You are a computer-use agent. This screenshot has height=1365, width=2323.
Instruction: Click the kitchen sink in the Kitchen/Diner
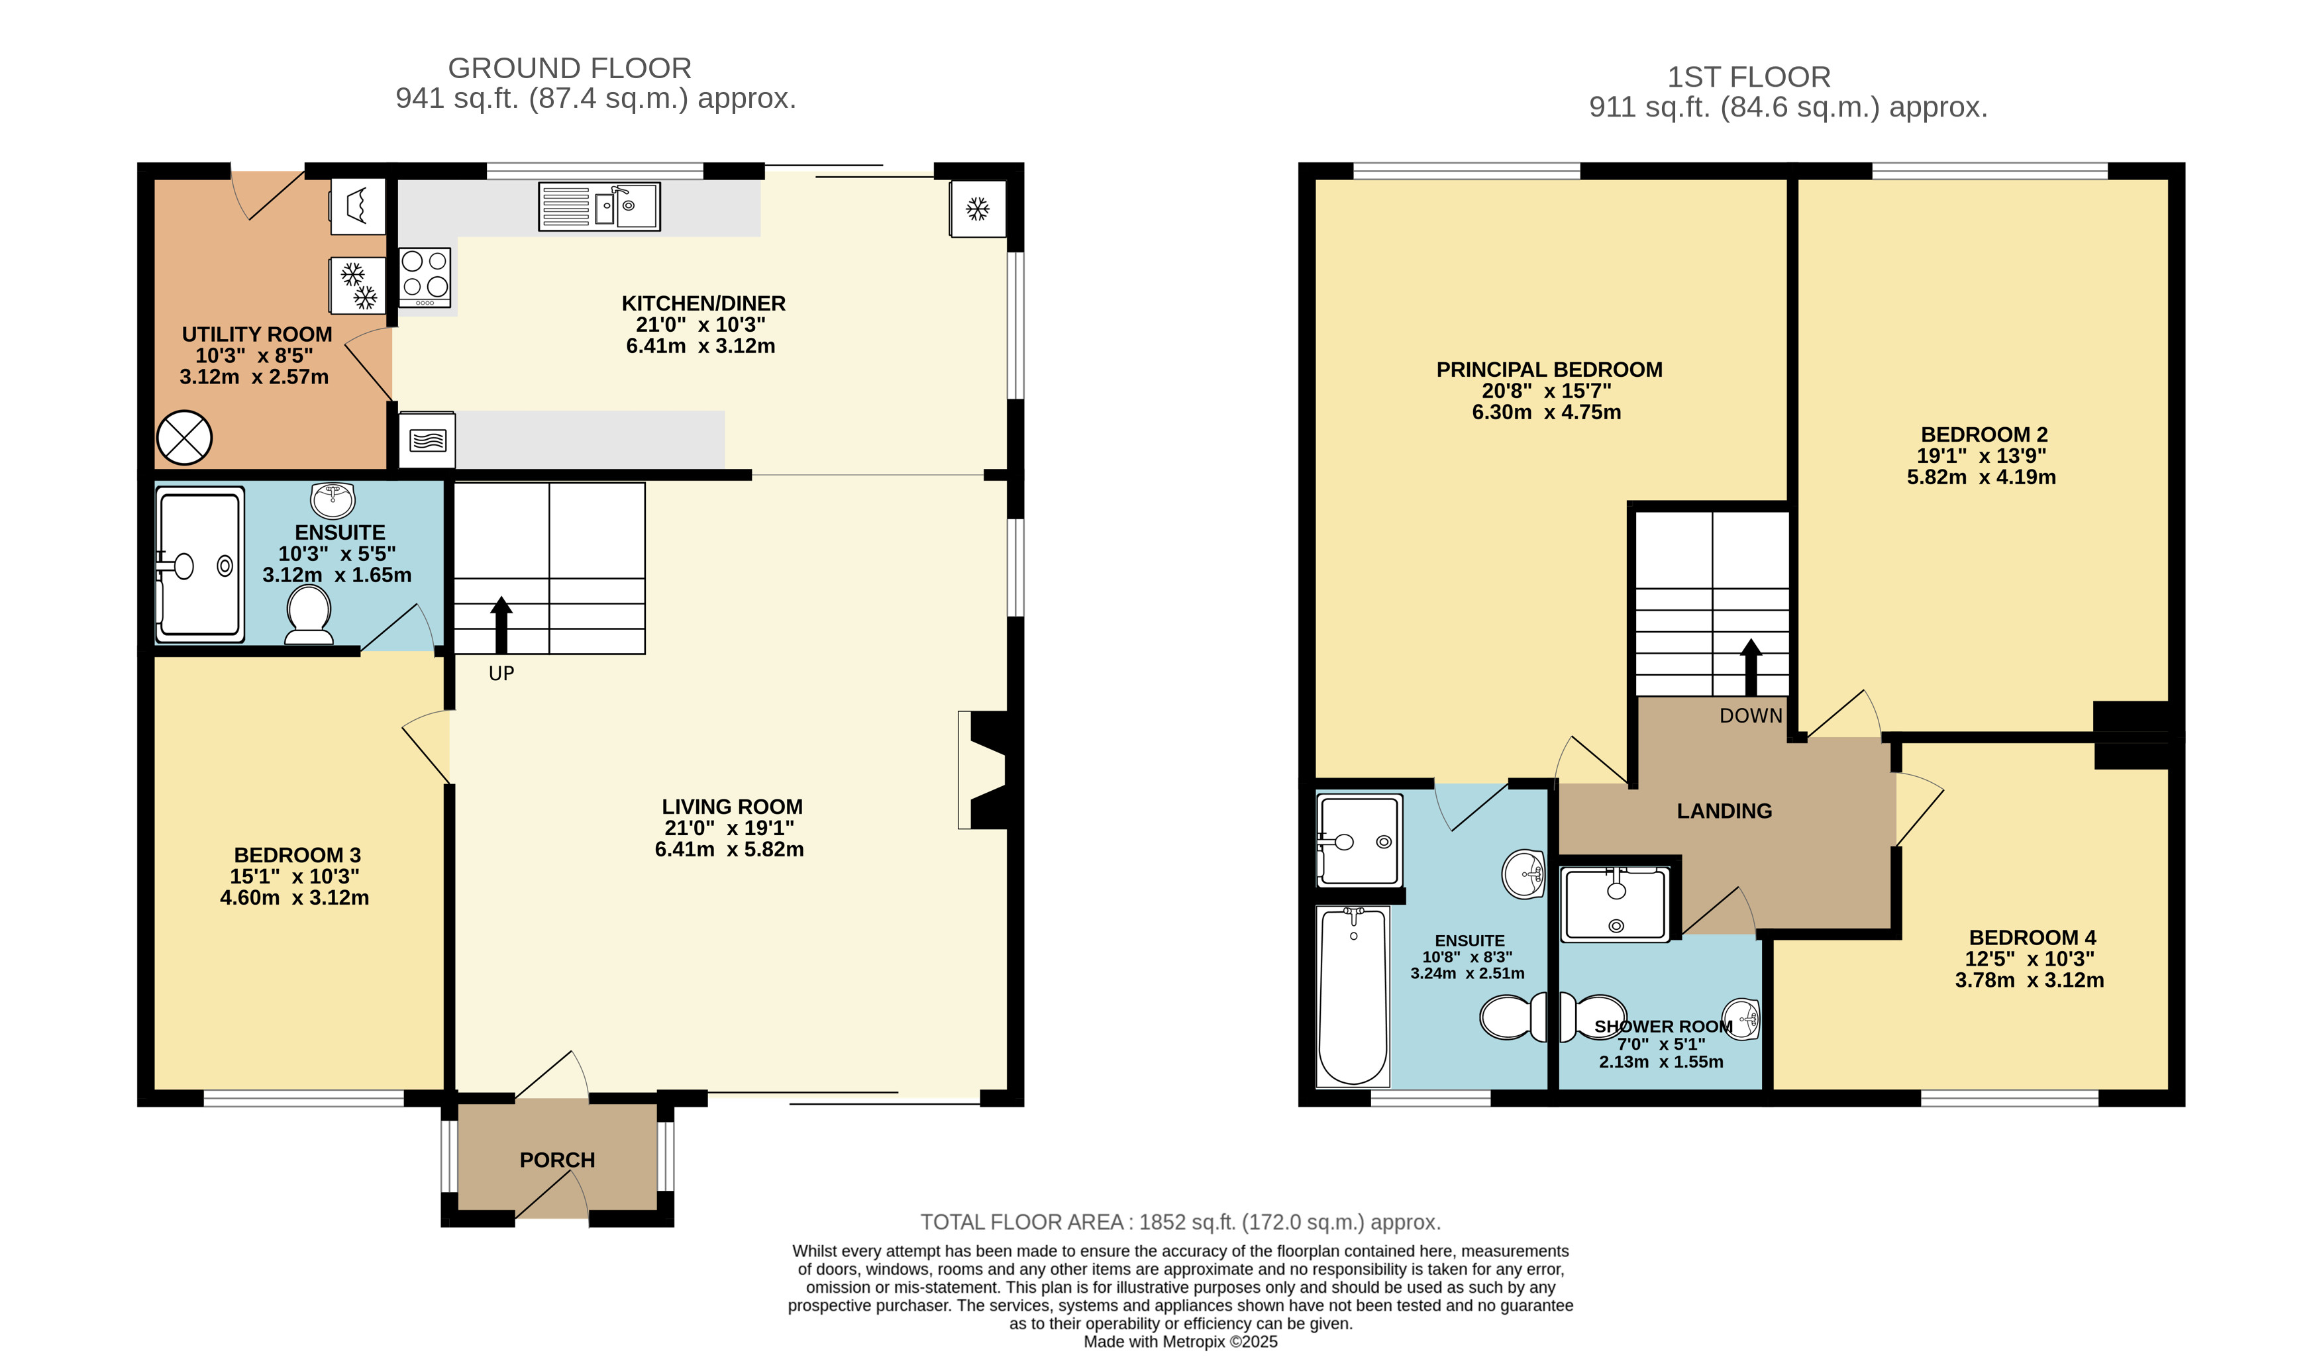point(599,207)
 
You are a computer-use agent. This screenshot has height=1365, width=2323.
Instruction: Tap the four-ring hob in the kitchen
point(425,276)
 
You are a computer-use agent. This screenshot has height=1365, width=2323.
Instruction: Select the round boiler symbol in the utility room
point(184,438)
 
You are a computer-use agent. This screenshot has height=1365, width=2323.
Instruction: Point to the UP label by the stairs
point(501,674)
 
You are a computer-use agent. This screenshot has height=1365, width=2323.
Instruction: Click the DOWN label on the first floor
point(1751,716)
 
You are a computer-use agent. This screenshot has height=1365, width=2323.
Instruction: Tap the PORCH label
point(557,1160)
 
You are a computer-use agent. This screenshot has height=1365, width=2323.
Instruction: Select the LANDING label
point(1724,811)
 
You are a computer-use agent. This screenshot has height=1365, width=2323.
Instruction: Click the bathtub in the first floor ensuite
point(1353,996)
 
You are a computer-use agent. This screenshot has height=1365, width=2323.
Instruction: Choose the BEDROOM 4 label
point(2033,937)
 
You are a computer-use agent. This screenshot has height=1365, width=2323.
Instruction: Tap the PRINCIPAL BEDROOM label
point(1549,370)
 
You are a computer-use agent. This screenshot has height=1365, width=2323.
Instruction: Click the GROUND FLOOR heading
point(570,68)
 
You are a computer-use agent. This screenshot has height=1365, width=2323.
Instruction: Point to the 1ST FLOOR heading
point(1749,77)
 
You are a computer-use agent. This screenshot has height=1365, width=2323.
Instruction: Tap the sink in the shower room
point(1740,1019)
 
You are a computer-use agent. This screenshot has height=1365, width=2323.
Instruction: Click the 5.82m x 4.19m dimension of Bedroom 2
point(1981,478)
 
